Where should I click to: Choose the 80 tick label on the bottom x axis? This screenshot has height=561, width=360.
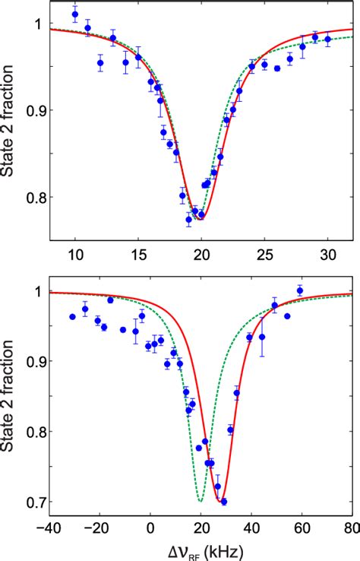[349, 528]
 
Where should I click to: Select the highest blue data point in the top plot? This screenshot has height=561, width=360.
[74, 14]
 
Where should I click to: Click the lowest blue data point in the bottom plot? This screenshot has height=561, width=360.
[223, 502]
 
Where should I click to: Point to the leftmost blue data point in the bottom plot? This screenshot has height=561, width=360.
[73, 316]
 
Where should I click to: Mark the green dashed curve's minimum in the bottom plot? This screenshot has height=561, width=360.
[200, 502]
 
